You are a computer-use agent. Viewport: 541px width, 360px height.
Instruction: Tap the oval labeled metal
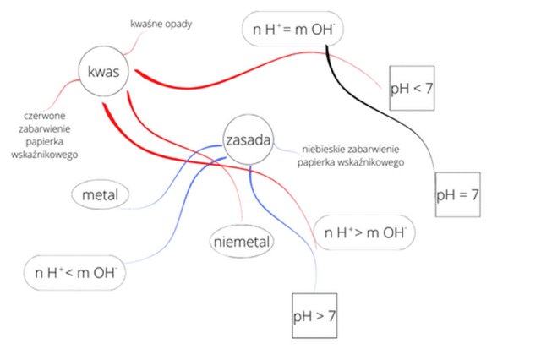[101, 195]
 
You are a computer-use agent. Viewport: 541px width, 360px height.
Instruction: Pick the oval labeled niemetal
[241, 242]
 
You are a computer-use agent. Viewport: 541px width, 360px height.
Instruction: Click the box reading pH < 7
[412, 87]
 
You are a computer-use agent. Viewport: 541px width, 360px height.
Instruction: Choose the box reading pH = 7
[457, 194]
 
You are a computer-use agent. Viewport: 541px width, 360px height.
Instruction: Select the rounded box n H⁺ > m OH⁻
[364, 231]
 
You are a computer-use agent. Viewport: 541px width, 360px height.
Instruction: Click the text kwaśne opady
[161, 24]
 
